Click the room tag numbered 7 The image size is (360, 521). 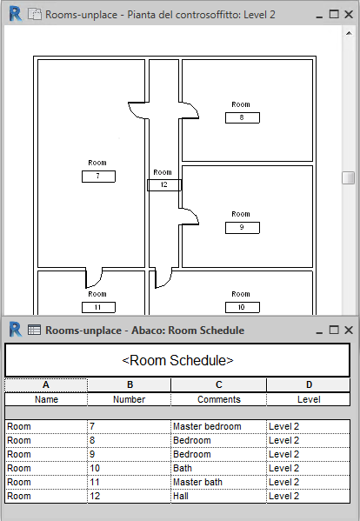[98, 176]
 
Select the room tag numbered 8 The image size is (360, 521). [242, 117]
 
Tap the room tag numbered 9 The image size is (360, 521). [242, 228]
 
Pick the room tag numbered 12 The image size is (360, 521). [164, 185]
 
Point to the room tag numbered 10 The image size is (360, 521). [242, 307]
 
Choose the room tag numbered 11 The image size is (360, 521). [98, 307]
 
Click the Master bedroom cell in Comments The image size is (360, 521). [218, 427]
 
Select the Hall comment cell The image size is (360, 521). [218, 496]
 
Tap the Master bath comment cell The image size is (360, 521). [218, 482]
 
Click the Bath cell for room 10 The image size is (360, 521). [218, 468]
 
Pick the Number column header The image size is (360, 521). [130, 399]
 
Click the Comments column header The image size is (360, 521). [218, 399]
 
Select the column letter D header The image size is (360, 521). [309, 384]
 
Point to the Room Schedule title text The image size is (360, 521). [177, 360]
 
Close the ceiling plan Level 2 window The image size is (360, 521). [349, 14]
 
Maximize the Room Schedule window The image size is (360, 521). [334, 330]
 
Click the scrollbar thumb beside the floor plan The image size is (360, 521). [349, 177]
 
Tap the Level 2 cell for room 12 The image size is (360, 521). [308, 496]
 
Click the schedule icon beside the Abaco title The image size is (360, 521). [34, 330]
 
